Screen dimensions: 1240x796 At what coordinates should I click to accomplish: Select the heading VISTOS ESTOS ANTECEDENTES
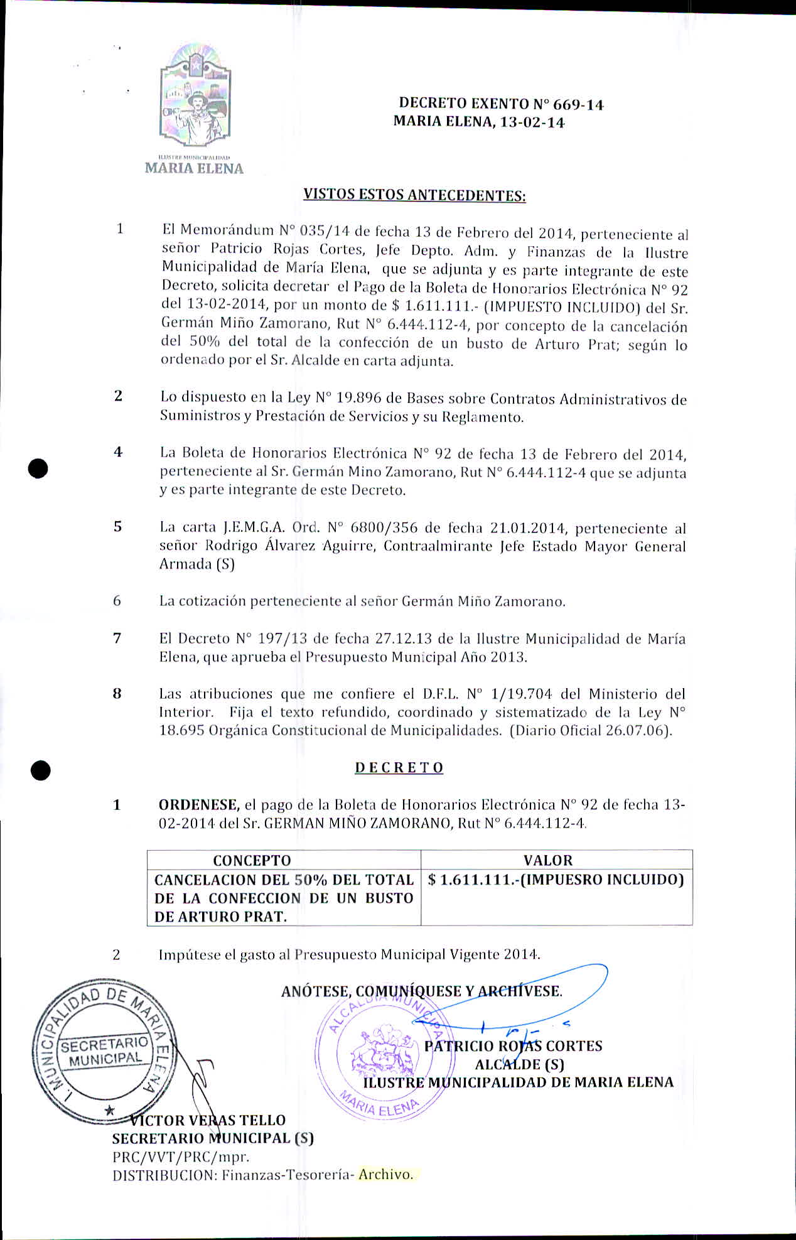(414, 195)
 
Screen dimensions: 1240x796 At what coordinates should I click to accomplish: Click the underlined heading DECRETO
(399, 768)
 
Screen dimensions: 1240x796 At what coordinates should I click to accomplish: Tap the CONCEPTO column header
(252, 860)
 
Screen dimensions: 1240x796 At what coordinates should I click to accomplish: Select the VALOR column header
(548, 860)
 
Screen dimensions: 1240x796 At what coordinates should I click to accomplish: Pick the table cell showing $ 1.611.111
(555, 880)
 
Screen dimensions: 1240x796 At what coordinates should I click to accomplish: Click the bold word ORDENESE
(198, 805)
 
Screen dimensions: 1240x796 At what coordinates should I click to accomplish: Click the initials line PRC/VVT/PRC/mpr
(181, 1156)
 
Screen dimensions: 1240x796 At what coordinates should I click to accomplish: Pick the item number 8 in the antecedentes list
(117, 694)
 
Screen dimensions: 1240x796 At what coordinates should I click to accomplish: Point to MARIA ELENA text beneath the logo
(194, 168)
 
